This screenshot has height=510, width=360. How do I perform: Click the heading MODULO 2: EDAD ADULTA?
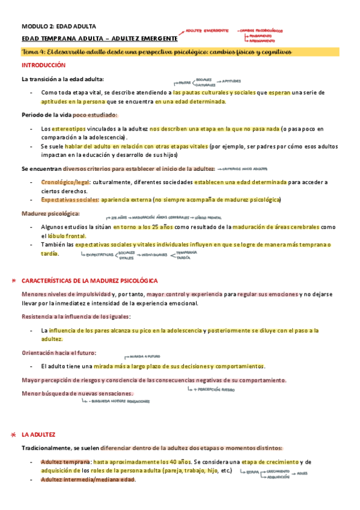pyautogui.click(x=50, y=26)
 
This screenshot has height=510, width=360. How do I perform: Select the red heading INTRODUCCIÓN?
pyautogui.click(x=43, y=65)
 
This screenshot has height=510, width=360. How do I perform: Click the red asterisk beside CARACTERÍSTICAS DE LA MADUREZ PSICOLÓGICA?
pyautogui.click(x=14, y=281)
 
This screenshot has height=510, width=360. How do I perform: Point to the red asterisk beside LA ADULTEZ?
pyautogui.click(x=14, y=434)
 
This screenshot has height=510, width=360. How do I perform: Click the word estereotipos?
pyautogui.click(x=67, y=129)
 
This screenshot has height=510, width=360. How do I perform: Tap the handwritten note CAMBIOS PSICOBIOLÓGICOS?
pyautogui.click(x=262, y=29)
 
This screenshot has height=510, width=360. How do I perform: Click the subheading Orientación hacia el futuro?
pyautogui.click(x=58, y=353)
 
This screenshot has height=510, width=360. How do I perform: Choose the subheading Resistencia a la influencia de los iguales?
pyautogui.click(x=76, y=316)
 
